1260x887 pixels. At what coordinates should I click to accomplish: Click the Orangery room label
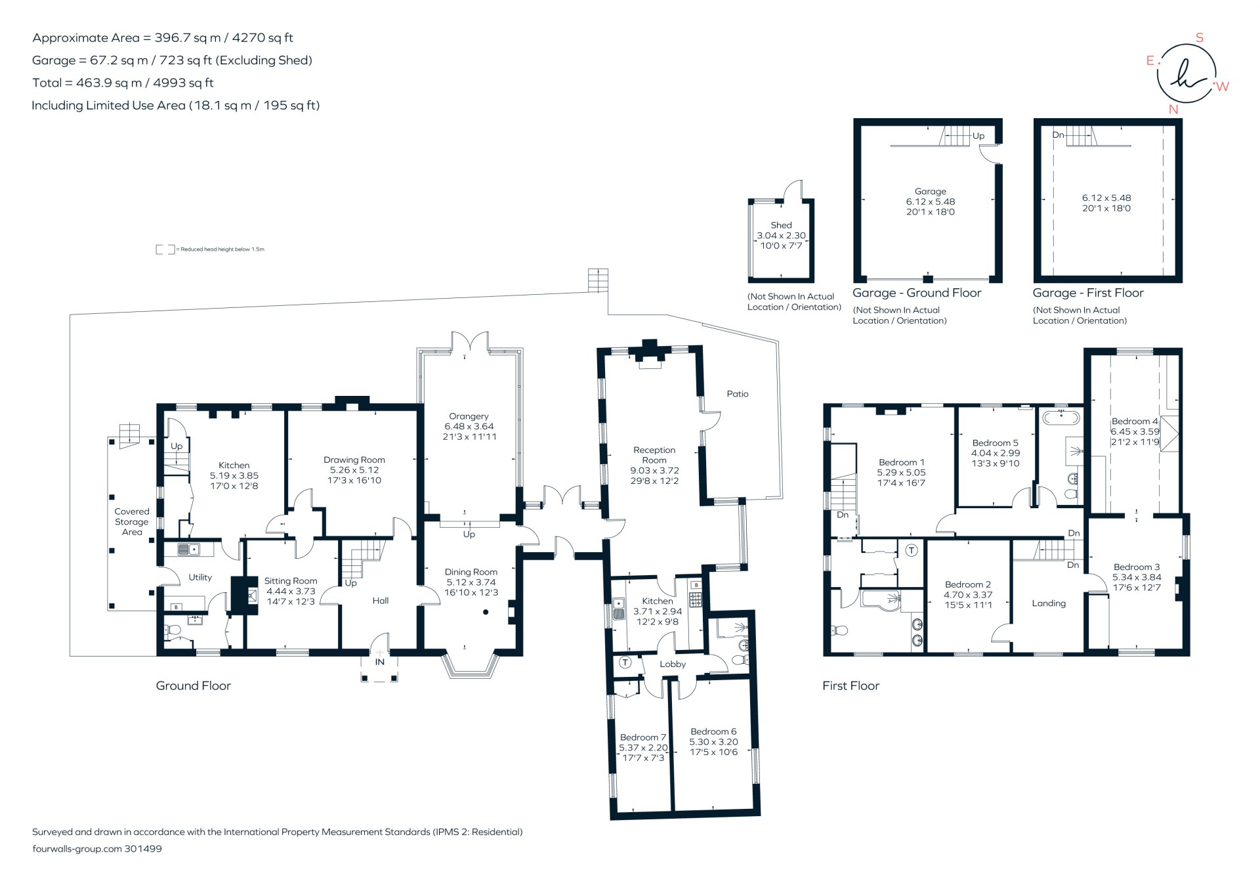469,416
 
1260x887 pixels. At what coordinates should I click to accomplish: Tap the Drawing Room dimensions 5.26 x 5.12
354,470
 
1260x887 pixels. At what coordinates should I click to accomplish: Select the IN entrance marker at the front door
380,662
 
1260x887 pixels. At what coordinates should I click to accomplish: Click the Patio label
738,394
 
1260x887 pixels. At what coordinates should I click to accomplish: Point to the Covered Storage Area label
132,522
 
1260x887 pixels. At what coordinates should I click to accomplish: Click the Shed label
781,225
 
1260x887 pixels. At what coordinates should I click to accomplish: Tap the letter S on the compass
1200,38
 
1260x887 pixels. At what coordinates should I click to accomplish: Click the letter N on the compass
1173,110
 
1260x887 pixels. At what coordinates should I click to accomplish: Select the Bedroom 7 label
643,737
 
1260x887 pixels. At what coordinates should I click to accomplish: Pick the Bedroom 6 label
713,731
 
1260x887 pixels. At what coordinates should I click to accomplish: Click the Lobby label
673,664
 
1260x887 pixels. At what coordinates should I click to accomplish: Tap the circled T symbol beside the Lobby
625,662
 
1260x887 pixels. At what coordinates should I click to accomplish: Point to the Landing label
1049,603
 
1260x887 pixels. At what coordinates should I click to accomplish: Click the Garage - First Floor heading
1088,293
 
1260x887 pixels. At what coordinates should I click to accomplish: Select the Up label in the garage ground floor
978,136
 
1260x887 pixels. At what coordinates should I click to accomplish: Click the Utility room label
200,577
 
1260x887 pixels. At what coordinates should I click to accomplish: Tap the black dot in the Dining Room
486,612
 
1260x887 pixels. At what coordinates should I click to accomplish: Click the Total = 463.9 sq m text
123,83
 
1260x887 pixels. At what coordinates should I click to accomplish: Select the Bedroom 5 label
996,443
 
